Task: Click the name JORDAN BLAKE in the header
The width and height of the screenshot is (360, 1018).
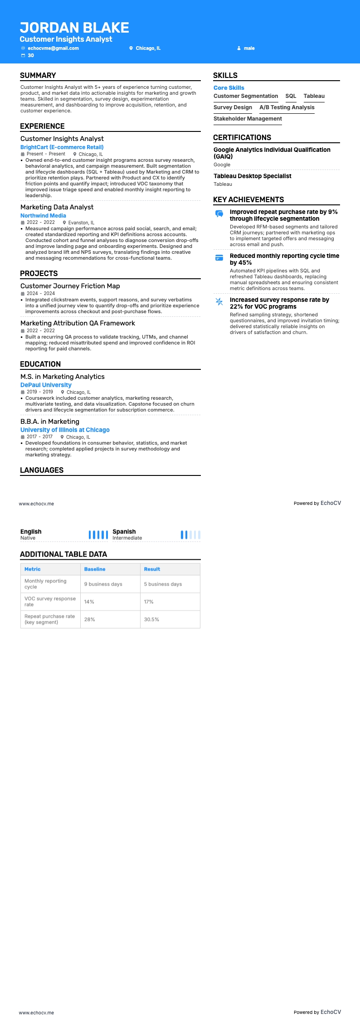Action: (74, 28)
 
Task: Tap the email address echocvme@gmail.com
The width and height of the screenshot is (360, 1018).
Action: (53, 48)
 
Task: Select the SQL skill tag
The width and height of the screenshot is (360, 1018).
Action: (291, 96)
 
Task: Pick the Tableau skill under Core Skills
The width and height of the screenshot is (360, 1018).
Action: (314, 96)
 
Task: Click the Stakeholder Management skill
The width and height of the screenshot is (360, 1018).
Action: (248, 119)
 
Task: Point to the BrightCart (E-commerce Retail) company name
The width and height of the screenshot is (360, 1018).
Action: (62, 147)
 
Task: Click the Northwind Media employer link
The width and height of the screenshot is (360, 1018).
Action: (43, 216)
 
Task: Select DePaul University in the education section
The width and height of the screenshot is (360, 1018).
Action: (46, 385)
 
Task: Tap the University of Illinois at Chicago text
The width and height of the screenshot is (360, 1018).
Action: (65, 430)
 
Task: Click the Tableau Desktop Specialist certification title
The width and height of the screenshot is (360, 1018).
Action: (252, 176)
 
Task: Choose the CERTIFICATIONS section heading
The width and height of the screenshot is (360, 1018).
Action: (242, 137)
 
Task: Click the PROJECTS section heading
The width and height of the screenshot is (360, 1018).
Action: (39, 273)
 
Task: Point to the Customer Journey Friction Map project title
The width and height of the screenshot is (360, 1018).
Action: (70, 286)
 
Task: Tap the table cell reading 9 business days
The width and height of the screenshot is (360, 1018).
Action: (103, 584)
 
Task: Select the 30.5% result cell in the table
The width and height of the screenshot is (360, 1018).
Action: (151, 620)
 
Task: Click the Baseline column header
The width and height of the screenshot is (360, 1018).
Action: (95, 569)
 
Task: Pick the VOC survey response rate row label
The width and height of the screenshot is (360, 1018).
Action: (50, 601)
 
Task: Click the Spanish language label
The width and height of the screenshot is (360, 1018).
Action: (124, 532)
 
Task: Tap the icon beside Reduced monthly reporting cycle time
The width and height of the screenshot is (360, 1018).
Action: (219, 257)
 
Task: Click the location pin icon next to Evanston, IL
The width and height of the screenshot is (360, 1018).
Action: (64, 223)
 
